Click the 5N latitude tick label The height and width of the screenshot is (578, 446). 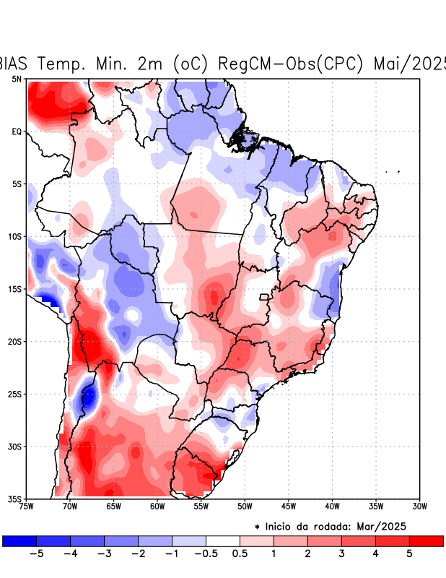tap(16, 79)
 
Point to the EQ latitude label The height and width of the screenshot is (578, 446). tap(16, 131)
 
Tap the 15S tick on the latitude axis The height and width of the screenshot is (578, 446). tap(14, 289)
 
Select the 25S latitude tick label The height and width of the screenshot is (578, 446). tap(14, 394)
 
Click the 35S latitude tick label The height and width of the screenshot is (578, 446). tap(14, 499)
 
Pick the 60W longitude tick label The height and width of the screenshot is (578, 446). tap(157, 506)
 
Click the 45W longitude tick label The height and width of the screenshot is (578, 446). tap(289, 506)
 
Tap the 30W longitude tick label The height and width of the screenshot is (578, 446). tap(420, 506)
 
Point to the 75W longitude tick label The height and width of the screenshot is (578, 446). tap(26, 506)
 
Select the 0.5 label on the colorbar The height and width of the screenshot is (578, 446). tap(240, 554)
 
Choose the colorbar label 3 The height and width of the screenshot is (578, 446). tap(342, 554)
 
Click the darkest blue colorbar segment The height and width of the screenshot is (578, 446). tap(19, 540)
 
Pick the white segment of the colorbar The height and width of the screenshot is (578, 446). tap(223, 540)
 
